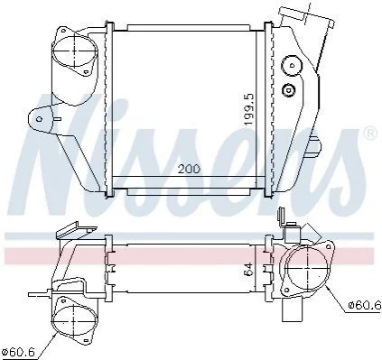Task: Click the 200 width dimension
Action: click(x=189, y=169)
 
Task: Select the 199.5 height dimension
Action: click(x=249, y=109)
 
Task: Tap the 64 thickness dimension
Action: click(x=247, y=270)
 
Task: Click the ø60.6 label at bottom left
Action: click(x=18, y=351)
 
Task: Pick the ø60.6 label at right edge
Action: click(x=365, y=305)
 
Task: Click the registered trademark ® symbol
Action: click(x=370, y=134)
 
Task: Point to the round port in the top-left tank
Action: click(x=75, y=51)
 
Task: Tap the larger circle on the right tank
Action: click(x=292, y=66)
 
